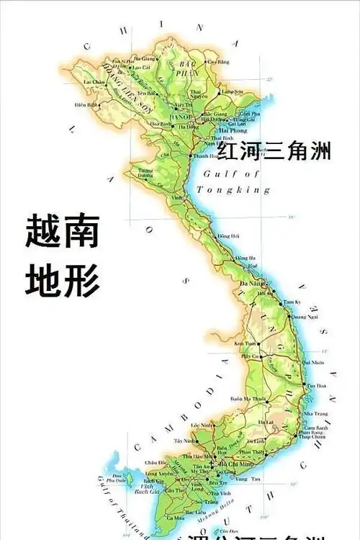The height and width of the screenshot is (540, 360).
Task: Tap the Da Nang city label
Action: coord(250,285)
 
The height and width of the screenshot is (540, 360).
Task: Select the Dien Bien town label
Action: coord(86,104)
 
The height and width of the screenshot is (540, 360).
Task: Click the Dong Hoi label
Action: coord(228,235)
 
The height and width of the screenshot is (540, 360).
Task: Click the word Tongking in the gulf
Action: coord(236,190)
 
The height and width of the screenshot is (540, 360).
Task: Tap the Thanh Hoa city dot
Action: coord(192,155)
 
